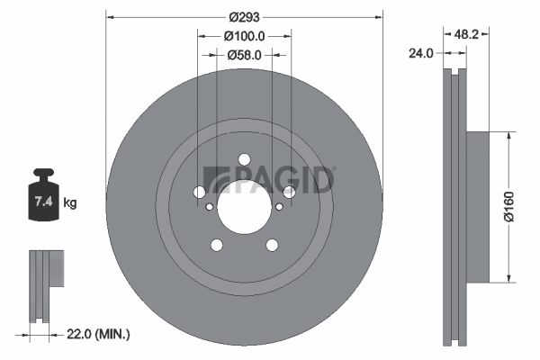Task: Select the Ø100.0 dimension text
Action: (244, 36)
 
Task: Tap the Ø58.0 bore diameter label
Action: (244, 55)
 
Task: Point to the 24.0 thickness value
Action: (420, 52)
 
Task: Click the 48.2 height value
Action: (466, 34)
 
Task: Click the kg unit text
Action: (70, 203)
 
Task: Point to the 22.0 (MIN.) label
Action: (100, 335)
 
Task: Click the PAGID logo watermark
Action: (270, 180)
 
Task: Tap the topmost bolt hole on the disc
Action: (244, 159)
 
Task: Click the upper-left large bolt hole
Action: (199, 192)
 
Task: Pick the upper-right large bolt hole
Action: (289, 192)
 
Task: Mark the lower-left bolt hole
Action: (216, 245)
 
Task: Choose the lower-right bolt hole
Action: (272, 245)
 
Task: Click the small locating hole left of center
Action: (210, 207)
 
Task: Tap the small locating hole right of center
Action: (279, 207)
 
